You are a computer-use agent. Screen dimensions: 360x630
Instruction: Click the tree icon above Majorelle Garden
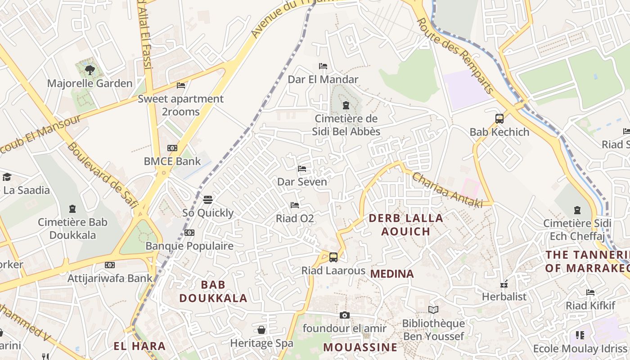(90, 70)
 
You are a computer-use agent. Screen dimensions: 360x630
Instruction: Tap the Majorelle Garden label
(90, 83)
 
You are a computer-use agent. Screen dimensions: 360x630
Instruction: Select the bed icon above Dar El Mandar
(323, 66)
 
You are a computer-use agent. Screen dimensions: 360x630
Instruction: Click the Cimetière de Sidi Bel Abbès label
(346, 125)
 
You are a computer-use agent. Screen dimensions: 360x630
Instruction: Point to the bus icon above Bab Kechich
(499, 119)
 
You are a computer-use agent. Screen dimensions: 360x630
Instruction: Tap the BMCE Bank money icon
(172, 148)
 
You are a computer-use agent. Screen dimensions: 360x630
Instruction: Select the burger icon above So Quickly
(207, 199)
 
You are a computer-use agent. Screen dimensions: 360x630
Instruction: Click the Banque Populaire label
(189, 246)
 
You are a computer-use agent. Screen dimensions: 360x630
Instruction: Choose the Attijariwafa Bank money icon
(110, 265)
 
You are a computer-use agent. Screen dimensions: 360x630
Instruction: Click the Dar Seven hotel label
(302, 182)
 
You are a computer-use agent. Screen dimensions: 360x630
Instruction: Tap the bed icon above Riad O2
(295, 205)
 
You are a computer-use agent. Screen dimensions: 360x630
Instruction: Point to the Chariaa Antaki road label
(447, 190)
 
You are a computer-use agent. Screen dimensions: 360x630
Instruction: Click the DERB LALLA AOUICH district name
(406, 225)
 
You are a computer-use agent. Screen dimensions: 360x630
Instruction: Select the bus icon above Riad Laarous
(333, 257)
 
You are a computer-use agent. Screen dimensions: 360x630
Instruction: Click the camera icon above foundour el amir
(344, 315)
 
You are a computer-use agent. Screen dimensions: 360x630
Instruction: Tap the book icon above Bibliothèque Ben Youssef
(433, 310)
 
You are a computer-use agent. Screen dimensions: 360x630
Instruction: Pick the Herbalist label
(504, 297)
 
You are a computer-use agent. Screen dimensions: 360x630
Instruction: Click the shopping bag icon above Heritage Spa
(261, 330)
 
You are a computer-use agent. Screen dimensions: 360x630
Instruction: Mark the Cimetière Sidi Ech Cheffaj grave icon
(577, 210)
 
